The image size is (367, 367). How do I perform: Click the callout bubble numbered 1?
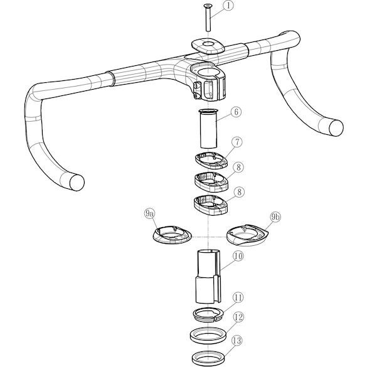pos(228,6)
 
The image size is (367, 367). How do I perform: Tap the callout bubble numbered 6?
pos(236,112)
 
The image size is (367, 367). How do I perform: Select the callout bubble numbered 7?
pos(237,142)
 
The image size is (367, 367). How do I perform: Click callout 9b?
pos(275,217)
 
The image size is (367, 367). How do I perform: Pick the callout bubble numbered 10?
pos(238,256)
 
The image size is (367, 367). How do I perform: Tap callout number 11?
pos(238,298)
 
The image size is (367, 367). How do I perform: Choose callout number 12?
pos(238,317)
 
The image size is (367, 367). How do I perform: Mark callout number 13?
pos(237,341)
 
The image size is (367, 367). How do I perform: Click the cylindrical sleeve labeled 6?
pos(208,129)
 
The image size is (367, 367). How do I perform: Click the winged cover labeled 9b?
pos(247,235)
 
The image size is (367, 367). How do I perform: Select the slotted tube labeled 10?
pos(208,277)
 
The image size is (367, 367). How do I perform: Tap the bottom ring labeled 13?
pos(208,358)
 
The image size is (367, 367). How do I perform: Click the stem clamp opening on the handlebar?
pos(208,72)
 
